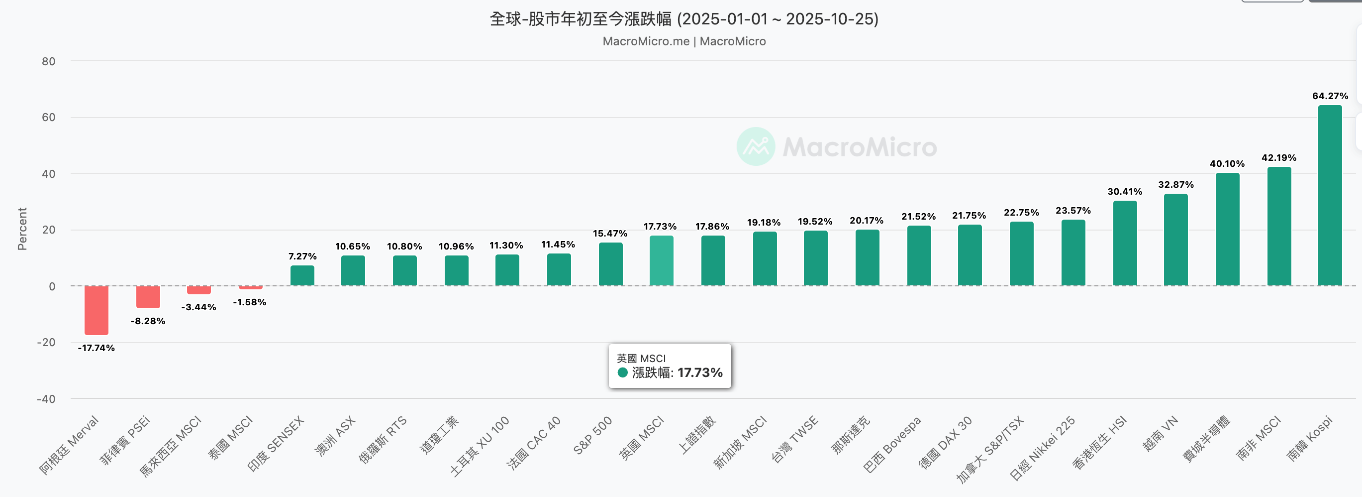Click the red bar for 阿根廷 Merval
pyautogui.click(x=96, y=310)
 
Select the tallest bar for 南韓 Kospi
pyautogui.click(x=1329, y=196)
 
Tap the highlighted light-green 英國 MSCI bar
pyautogui.click(x=661, y=261)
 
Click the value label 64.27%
pyautogui.click(x=1330, y=96)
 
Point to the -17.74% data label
pyautogui.click(x=96, y=348)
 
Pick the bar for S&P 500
pyautogui.click(x=610, y=264)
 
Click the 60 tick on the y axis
pyautogui.click(x=49, y=117)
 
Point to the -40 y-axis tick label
pyautogui.click(x=46, y=398)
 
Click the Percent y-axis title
pyautogui.click(x=22, y=229)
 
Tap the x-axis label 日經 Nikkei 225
pyautogui.click(x=1042, y=448)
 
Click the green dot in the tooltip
pyautogui.click(x=622, y=373)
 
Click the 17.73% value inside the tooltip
pyautogui.click(x=699, y=373)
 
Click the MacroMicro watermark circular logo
pyautogui.click(x=756, y=146)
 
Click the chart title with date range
pyautogui.click(x=683, y=19)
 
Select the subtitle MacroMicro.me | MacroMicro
pyautogui.click(x=683, y=41)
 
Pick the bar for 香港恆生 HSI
pyautogui.click(x=1125, y=244)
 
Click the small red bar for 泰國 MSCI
pyautogui.click(x=251, y=287)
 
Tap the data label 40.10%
pyautogui.click(x=1227, y=163)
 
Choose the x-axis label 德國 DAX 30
pyautogui.click(x=945, y=443)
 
